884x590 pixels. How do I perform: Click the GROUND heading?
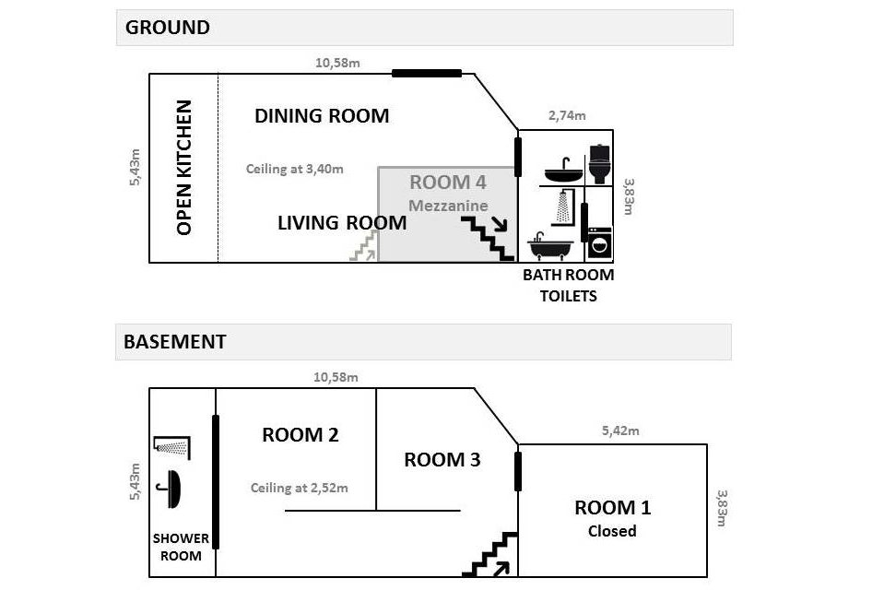[168, 28]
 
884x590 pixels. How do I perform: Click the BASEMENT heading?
[175, 342]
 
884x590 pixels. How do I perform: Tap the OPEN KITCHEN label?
[184, 168]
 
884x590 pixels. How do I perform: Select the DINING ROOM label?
[322, 116]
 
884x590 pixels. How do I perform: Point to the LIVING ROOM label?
[342, 223]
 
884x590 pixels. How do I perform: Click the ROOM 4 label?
[448, 182]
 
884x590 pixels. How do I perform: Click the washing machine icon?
[599, 243]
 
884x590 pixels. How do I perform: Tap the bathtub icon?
[550, 246]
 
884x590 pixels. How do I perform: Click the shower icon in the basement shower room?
[173, 447]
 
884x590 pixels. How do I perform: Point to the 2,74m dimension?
[567, 116]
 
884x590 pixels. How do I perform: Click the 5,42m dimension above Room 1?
[620, 431]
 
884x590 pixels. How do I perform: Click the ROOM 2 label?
[301, 435]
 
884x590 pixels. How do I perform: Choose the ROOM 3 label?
[442, 460]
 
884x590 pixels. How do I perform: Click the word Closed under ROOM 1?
[612, 531]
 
